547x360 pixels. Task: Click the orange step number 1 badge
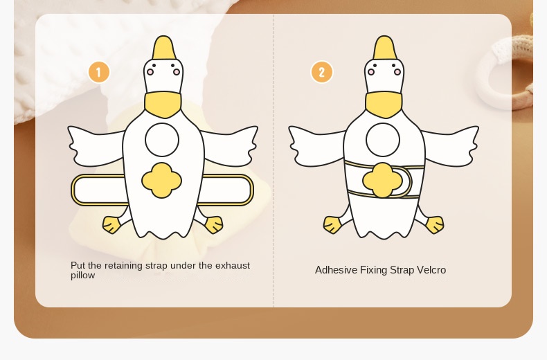coord(99,72)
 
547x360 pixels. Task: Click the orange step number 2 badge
coord(322,72)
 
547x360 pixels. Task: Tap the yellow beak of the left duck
coord(163,48)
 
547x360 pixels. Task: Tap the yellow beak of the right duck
coord(384,48)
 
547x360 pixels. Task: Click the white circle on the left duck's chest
coord(162,140)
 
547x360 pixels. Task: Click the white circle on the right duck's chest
coord(383,140)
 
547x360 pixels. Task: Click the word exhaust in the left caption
coord(233,265)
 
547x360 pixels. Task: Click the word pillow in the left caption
coord(82,276)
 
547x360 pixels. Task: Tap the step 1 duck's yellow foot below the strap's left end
coord(111,224)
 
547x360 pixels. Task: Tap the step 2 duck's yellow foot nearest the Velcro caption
coord(435,224)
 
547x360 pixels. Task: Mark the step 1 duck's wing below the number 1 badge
coord(96,146)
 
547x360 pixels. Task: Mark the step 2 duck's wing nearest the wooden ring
coord(450,146)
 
